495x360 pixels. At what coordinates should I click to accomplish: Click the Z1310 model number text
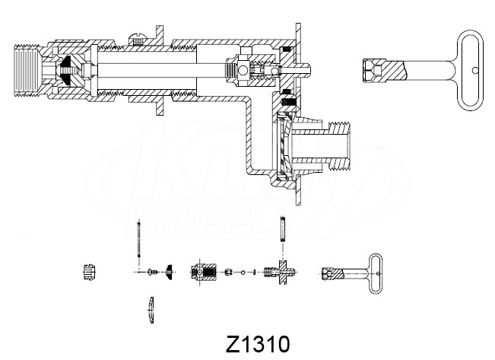[258, 344]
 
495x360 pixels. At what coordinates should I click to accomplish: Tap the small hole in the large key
[475, 70]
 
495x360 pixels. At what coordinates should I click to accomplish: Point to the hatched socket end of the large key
[383, 70]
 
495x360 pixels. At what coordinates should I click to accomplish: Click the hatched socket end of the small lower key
[332, 273]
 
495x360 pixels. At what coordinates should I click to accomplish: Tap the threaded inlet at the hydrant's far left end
[26, 71]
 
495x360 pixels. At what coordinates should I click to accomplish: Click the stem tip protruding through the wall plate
[304, 70]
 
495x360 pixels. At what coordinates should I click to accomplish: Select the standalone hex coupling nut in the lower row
[89, 272]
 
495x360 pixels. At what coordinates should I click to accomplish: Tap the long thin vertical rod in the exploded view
[138, 239]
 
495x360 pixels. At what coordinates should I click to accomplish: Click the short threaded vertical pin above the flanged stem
[283, 229]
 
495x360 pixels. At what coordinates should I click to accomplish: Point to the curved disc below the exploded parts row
[151, 310]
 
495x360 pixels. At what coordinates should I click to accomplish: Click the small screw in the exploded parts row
[152, 272]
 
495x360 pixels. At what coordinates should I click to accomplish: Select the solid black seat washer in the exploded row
[169, 272]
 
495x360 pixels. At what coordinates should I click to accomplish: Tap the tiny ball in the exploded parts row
[243, 272]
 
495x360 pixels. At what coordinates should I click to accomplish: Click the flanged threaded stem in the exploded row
[280, 272]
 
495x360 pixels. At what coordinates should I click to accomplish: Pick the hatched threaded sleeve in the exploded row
[203, 272]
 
